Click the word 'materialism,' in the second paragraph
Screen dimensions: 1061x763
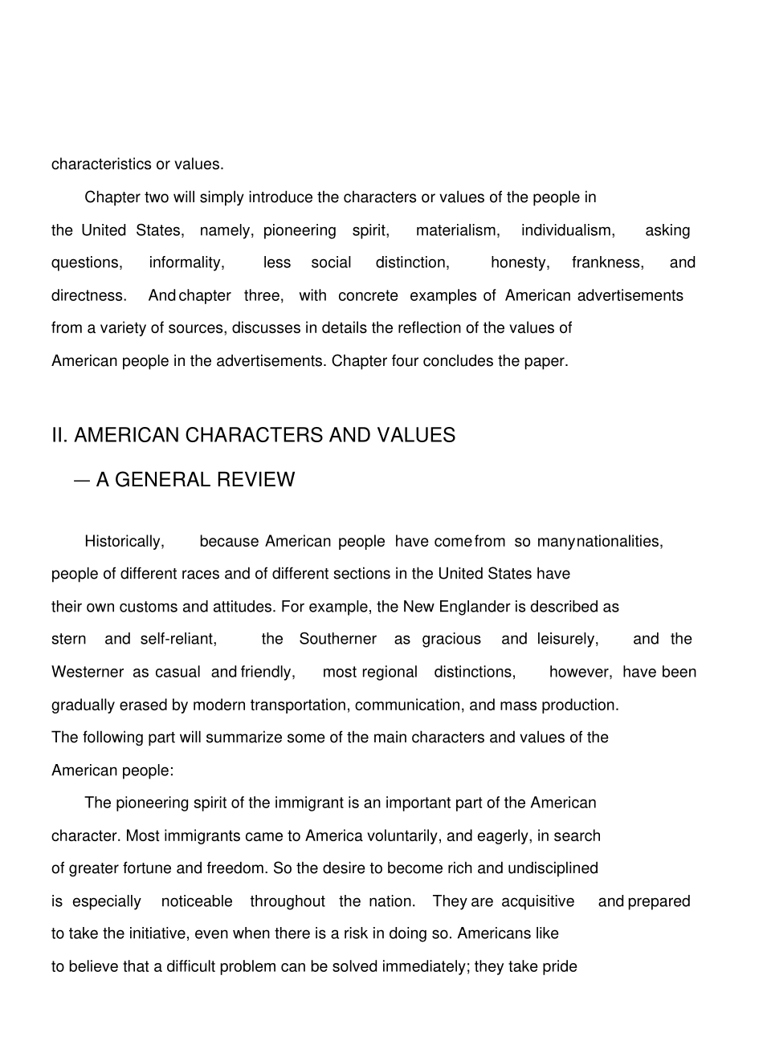click(x=458, y=230)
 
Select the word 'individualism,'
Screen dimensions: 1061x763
click(x=568, y=230)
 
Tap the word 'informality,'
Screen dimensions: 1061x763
click(x=186, y=262)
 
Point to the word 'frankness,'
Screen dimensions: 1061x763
click(x=607, y=262)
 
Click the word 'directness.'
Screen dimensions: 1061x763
click(x=89, y=295)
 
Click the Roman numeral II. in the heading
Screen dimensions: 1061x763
click(x=60, y=435)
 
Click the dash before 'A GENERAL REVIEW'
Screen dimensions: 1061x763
click(x=81, y=480)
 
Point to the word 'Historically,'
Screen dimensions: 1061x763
click(x=124, y=542)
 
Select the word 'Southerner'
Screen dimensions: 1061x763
click(x=337, y=639)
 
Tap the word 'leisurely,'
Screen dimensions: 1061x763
click(x=568, y=639)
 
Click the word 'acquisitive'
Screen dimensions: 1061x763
click(x=538, y=901)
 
